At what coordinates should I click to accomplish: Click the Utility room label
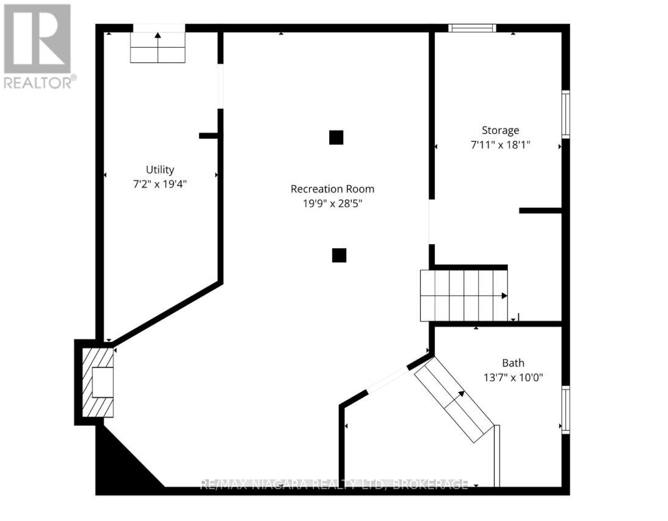[159, 169]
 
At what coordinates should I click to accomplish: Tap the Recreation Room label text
[332, 189]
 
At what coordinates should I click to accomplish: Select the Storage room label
[500, 130]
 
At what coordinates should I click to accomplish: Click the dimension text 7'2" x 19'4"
[159, 183]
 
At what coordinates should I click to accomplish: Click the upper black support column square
[336, 137]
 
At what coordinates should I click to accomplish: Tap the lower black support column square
[339, 255]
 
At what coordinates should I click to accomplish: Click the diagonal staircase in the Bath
[455, 399]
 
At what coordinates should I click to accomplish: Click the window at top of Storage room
[472, 28]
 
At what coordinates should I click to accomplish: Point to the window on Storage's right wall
[565, 114]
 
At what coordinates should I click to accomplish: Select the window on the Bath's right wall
[565, 410]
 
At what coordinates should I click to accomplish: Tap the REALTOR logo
[38, 46]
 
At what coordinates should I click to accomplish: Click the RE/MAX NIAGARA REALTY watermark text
[334, 485]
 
